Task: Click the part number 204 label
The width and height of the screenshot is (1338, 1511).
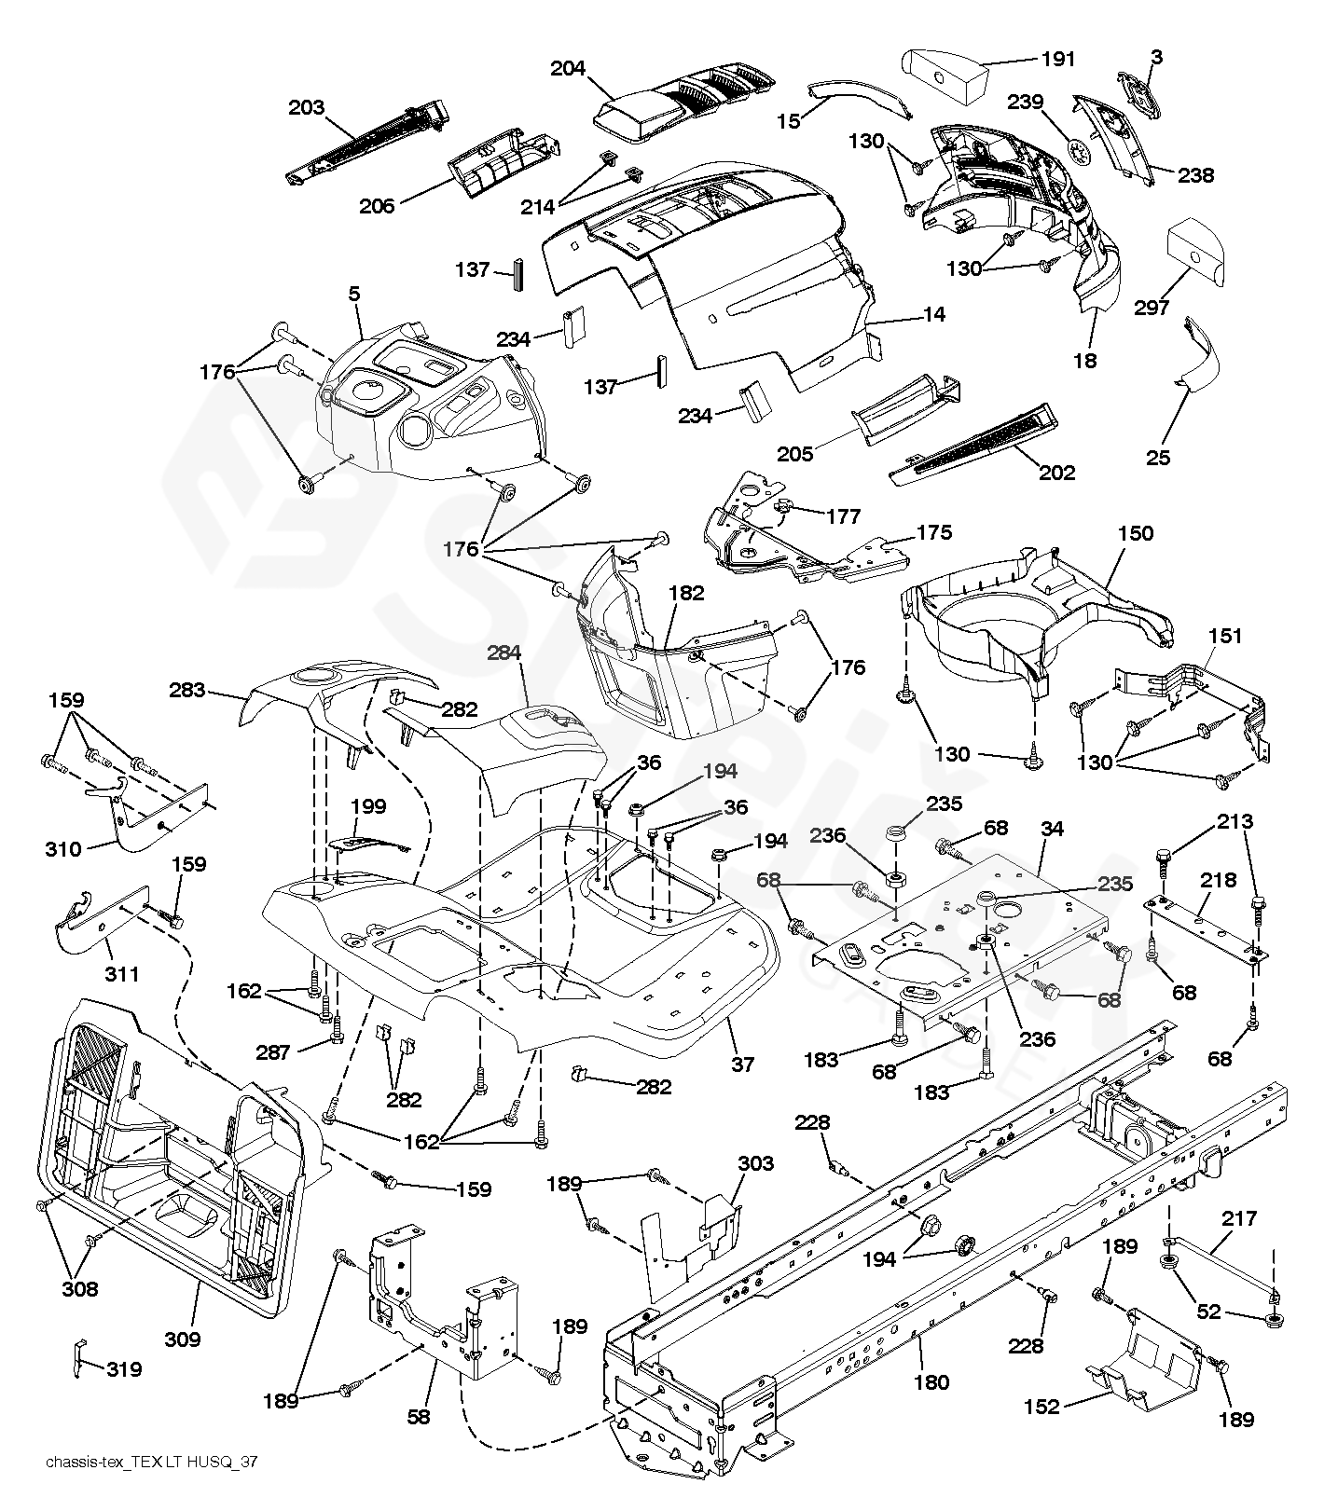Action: coord(568,69)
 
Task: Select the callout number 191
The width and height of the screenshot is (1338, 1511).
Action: coord(1057,59)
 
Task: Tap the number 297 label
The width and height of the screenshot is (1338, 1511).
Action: coord(1152,308)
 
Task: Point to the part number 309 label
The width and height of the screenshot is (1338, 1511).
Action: coord(183,1339)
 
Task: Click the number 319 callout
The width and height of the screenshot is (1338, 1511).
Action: coord(124,1369)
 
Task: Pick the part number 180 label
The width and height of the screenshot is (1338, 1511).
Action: coord(931,1383)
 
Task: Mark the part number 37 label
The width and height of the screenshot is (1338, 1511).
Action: coord(742,1064)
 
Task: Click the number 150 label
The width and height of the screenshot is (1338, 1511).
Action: coord(1135,533)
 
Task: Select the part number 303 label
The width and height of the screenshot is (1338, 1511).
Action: coord(755,1163)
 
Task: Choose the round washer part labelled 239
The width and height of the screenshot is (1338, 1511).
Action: coord(1079,153)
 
